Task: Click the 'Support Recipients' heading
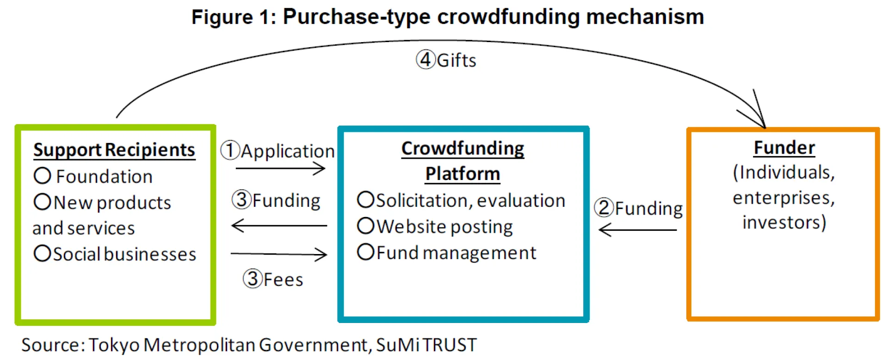pyautogui.click(x=114, y=150)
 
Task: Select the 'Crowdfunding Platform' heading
pyautogui.click(x=462, y=161)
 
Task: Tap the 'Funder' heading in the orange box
pyautogui.click(x=784, y=148)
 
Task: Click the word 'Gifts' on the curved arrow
pyautogui.click(x=456, y=61)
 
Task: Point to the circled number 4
pyautogui.click(x=425, y=60)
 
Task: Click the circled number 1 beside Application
pyautogui.click(x=230, y=151)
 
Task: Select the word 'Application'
pyautogui.click(x=288, y=151)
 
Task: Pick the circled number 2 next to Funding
pyautogui.click(x=604, y=208)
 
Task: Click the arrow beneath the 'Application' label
pyautogui.click(x=280, y=168)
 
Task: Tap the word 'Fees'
pyautogui.click(x=283, y=279)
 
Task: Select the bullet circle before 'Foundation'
pyautogui.click(x=43, y=176)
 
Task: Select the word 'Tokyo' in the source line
pyautogui.click(x=114, y=345)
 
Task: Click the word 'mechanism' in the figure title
pyautogui.click(x=645, y=17)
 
